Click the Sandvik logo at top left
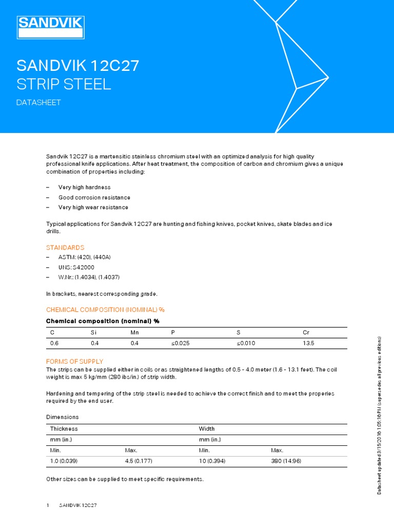point(51,27)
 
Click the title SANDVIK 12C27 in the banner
point(78,66)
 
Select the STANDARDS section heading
point(65,248)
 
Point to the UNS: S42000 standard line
point(76,268)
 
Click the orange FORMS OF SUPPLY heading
point(74,361)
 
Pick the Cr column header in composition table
point(306,333)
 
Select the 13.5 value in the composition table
point(308,343)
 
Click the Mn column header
point(134,333)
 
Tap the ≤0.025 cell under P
point(180,343)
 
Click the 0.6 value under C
point(53,343)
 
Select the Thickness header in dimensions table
point(64,428)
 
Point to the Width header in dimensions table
point(207,428)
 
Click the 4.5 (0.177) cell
point(139,461)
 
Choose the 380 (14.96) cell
point(286,461)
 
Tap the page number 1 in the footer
point(48,505)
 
